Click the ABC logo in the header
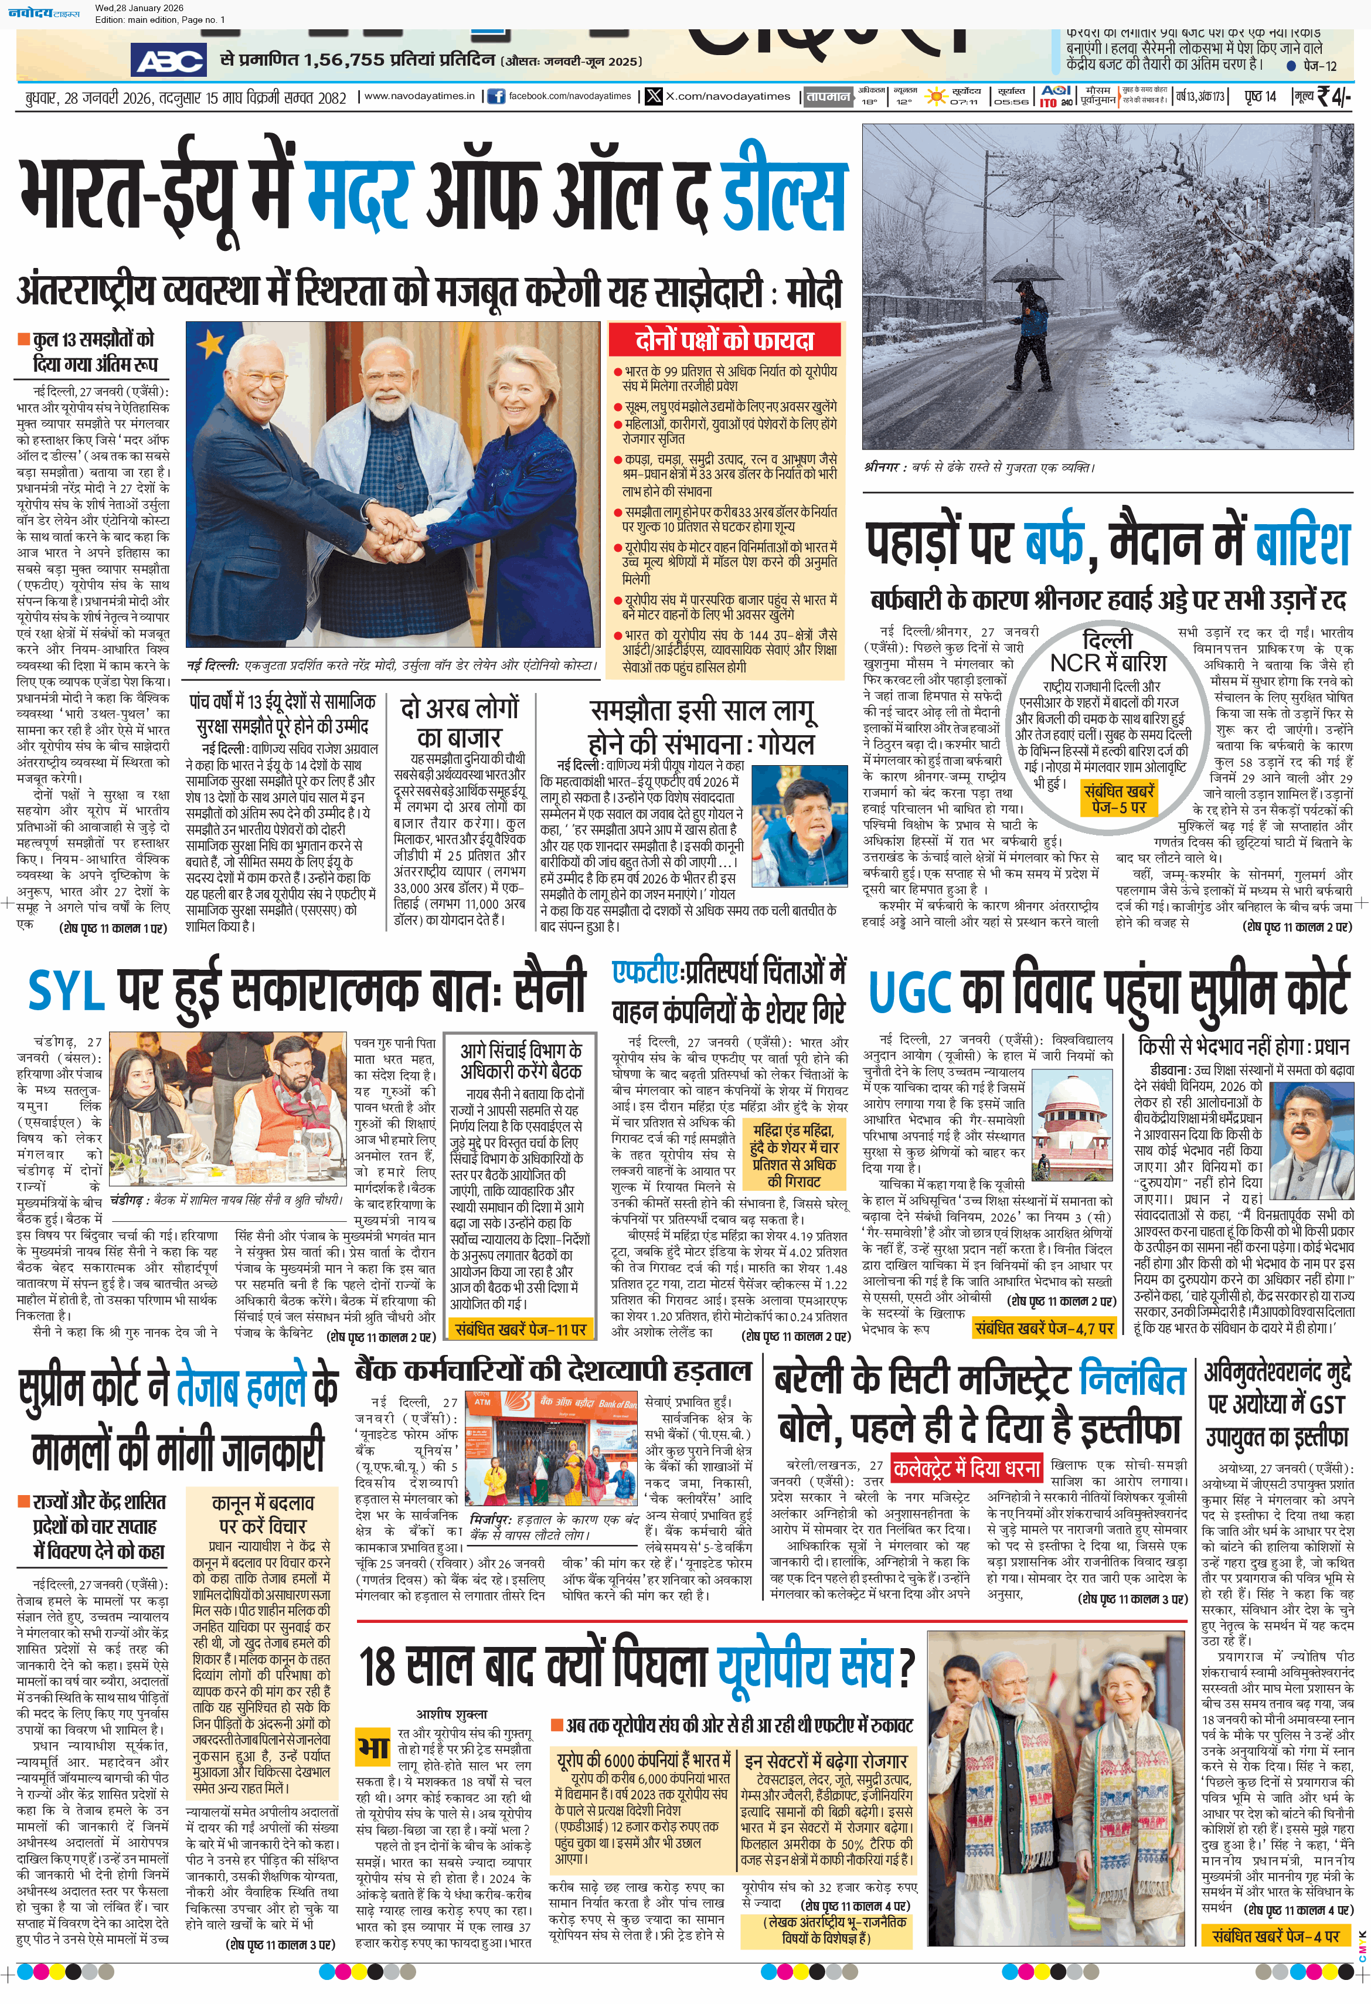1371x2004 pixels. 169,61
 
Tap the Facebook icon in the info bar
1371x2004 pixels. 496,97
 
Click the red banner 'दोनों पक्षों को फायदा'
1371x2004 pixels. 724,339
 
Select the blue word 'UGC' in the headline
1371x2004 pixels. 910,991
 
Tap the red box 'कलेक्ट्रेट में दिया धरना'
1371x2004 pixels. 967,1467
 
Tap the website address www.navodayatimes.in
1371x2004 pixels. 419,97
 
